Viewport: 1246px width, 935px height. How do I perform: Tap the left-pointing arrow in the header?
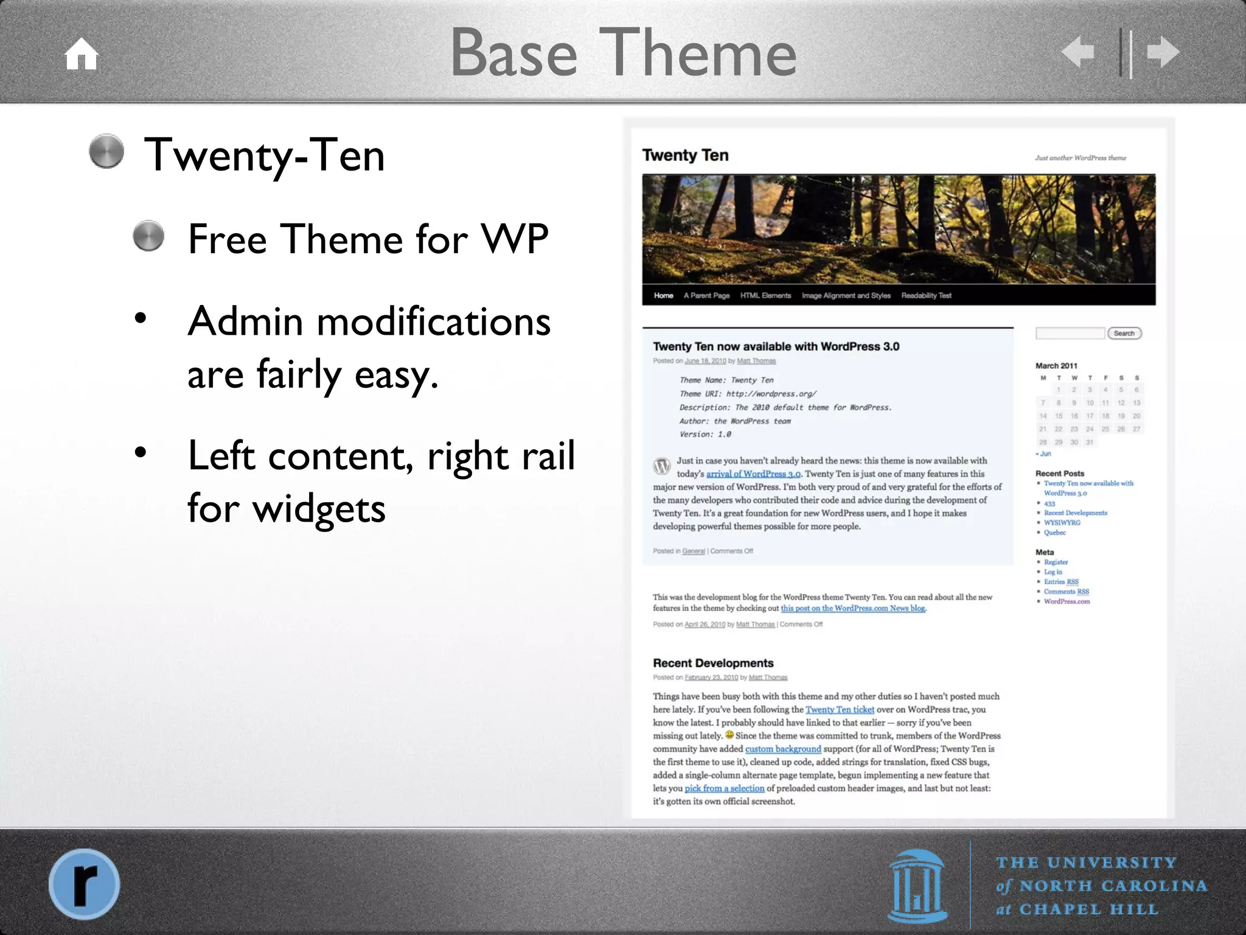(1078, 52)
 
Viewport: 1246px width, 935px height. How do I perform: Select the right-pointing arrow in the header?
(1163, 52)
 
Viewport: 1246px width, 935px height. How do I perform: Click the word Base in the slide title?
(513, 54)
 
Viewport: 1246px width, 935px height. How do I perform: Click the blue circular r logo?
(85, 883)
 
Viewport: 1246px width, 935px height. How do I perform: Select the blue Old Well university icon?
(917, 886)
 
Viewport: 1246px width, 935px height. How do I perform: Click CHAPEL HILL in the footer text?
(1088, 909)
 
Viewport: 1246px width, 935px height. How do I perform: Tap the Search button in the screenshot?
(1124, 333)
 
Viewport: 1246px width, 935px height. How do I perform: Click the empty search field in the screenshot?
(1070, 333)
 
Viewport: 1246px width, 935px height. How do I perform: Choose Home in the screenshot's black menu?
(663, 295)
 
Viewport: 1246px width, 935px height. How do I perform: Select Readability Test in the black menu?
(926, 295)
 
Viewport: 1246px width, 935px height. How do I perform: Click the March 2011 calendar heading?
(1056, 366)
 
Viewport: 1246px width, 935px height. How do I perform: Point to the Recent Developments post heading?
(713, 663)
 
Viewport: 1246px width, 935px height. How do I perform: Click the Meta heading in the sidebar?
(1045, 552)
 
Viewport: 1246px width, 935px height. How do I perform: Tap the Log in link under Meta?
(1053, 572)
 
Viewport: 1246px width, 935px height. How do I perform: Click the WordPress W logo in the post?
(662, 467)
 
